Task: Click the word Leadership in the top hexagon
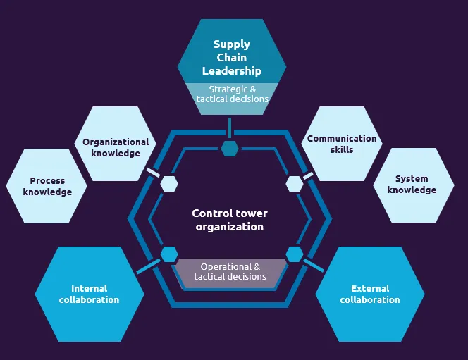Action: coord(232,71)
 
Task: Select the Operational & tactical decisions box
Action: coord(230,273)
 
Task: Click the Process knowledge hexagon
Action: coord(47,186)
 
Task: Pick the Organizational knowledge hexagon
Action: coord(115,144)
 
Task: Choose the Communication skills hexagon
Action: coord(342,144)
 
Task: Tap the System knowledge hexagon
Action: coord(414,185)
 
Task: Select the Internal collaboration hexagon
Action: coord(90,294)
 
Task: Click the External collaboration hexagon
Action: coord(370,294)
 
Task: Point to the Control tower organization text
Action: coord(230,220)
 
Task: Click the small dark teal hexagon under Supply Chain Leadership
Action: coord(230,149)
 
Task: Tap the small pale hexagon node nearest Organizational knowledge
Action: coord(169,184)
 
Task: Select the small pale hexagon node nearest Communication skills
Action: coord(295,184)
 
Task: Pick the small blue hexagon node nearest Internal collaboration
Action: coord(169,254)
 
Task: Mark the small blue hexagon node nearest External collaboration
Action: coord(295,254)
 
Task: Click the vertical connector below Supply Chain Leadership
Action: coord(230,128)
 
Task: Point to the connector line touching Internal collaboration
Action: coord(148,266)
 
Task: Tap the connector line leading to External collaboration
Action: coord(314,266)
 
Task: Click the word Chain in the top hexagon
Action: coord(232,57)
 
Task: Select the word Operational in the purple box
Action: coord(226,266)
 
